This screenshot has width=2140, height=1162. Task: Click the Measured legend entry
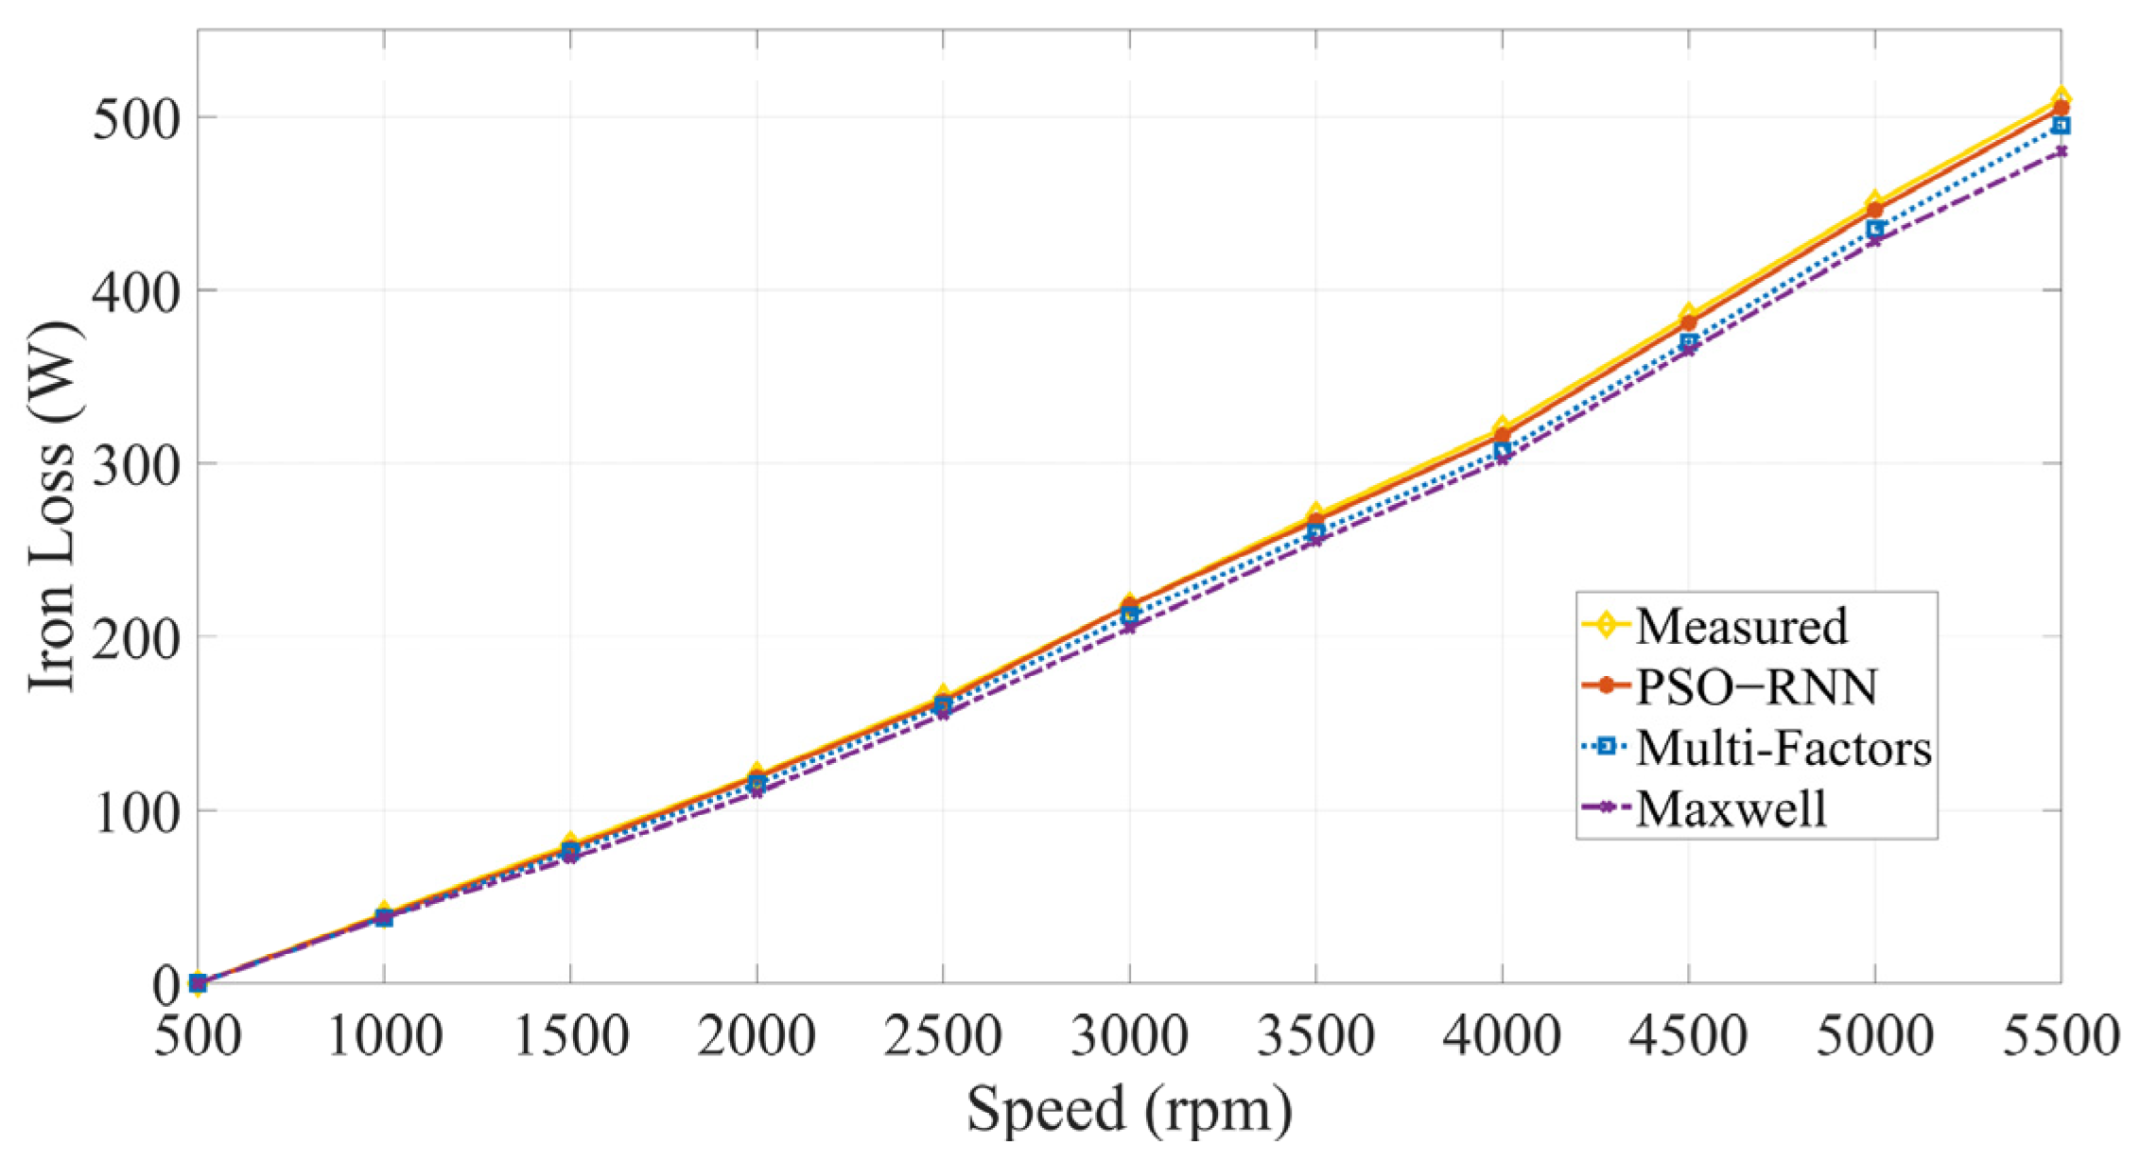coord(1740,627)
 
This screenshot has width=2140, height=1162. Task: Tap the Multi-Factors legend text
coord(1783,748)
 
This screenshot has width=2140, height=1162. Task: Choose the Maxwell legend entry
coord(1731,808)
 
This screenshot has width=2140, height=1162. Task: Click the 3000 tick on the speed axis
coord(1129,1036)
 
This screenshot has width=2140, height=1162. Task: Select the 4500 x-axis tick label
coord(1688,1036)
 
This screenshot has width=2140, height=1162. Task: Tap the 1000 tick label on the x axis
coord(384,1036)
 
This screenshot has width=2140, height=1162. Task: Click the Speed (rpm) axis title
coord(1129,1108)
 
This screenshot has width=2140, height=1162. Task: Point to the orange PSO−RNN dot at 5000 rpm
coord(1875,210)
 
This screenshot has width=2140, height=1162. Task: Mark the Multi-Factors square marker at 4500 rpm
coord(1689,341)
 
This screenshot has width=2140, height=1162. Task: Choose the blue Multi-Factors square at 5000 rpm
coord(1875,229)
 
